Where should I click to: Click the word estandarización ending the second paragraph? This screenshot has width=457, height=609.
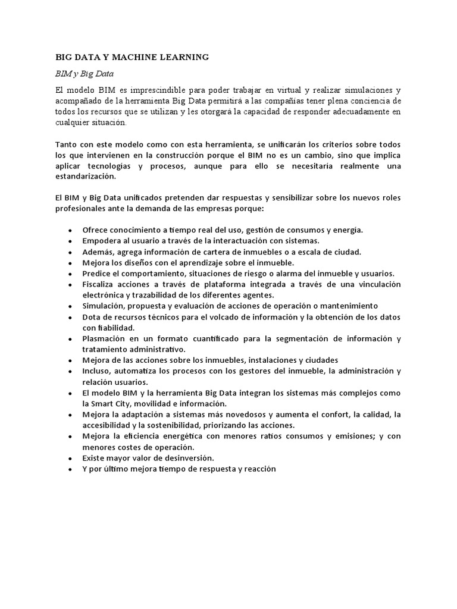[x=86, y=177]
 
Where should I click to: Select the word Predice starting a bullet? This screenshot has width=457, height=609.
[x=98, y=274]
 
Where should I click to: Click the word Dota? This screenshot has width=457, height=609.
[x=92, y=317]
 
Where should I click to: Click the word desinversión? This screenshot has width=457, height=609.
[x=184, y=458]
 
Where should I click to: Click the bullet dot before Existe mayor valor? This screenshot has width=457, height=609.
[x=70, y=459]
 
